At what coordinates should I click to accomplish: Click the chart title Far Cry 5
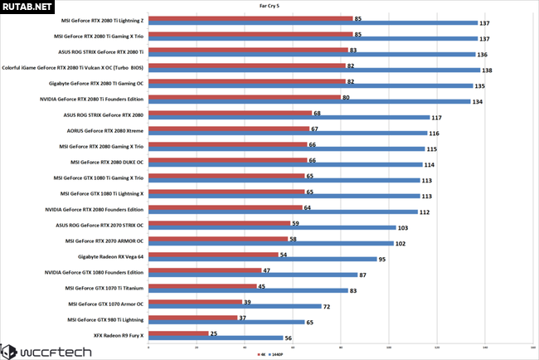pos(269,6)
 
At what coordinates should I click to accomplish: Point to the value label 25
pos(214,333)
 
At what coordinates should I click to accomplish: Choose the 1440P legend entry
pos(278,353)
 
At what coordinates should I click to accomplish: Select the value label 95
pos(382,260)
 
